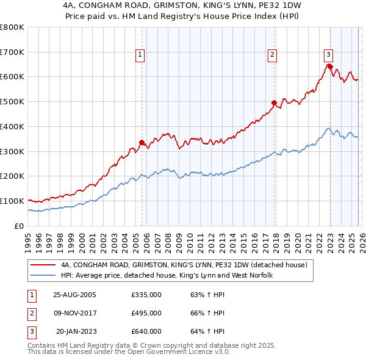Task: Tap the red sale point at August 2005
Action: coord(142,142)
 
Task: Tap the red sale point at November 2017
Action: coord(274,103)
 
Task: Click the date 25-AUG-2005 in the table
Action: coord(74,295)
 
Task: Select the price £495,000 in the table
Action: coord(146,313)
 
